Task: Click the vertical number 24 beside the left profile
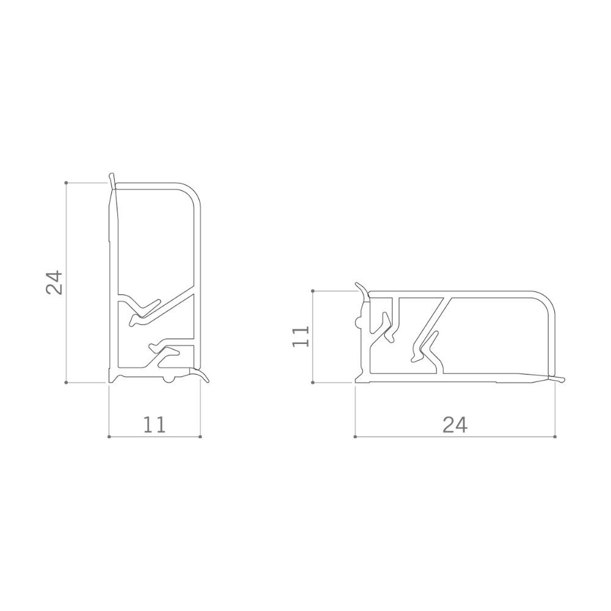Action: coord(54,282)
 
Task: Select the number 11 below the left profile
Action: coord(155,425)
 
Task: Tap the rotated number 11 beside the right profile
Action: coord(301,336)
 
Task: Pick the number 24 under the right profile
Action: coord(455,425)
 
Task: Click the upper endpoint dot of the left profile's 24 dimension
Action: coord(66,182)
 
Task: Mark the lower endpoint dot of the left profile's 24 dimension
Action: coord(66,382)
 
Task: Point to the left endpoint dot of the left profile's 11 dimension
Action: coord(109,436)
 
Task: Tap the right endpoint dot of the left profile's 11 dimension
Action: coord(200,436)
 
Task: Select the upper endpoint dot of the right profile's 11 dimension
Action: coord(313,291)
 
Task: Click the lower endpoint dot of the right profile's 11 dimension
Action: coord(313,382)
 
